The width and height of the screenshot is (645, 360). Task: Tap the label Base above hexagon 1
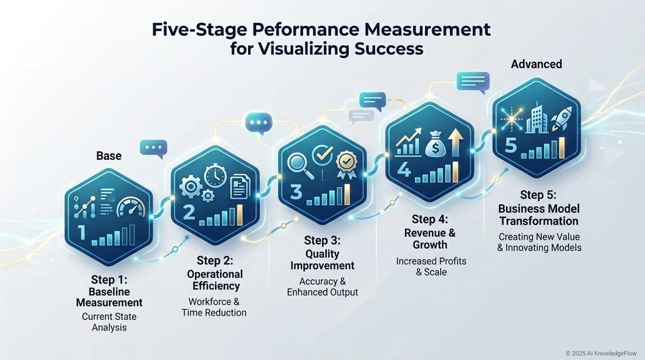109,156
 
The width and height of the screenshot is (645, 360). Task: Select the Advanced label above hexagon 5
536,64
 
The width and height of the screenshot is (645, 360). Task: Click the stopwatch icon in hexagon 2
215,176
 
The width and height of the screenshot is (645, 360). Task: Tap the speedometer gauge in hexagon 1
131,207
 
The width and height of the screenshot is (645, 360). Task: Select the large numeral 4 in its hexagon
404,169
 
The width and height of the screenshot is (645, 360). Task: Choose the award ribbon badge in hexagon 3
346,164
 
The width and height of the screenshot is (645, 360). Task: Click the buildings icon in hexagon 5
536,118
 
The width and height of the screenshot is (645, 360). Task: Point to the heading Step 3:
322,240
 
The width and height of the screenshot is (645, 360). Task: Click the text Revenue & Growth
430,239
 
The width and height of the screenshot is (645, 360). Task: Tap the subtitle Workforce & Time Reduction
214,308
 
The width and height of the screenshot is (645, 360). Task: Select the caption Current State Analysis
109,322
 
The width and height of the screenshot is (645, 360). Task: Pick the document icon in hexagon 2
240,186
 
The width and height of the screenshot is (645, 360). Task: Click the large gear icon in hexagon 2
191,186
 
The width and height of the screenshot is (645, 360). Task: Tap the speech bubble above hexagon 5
473,82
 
